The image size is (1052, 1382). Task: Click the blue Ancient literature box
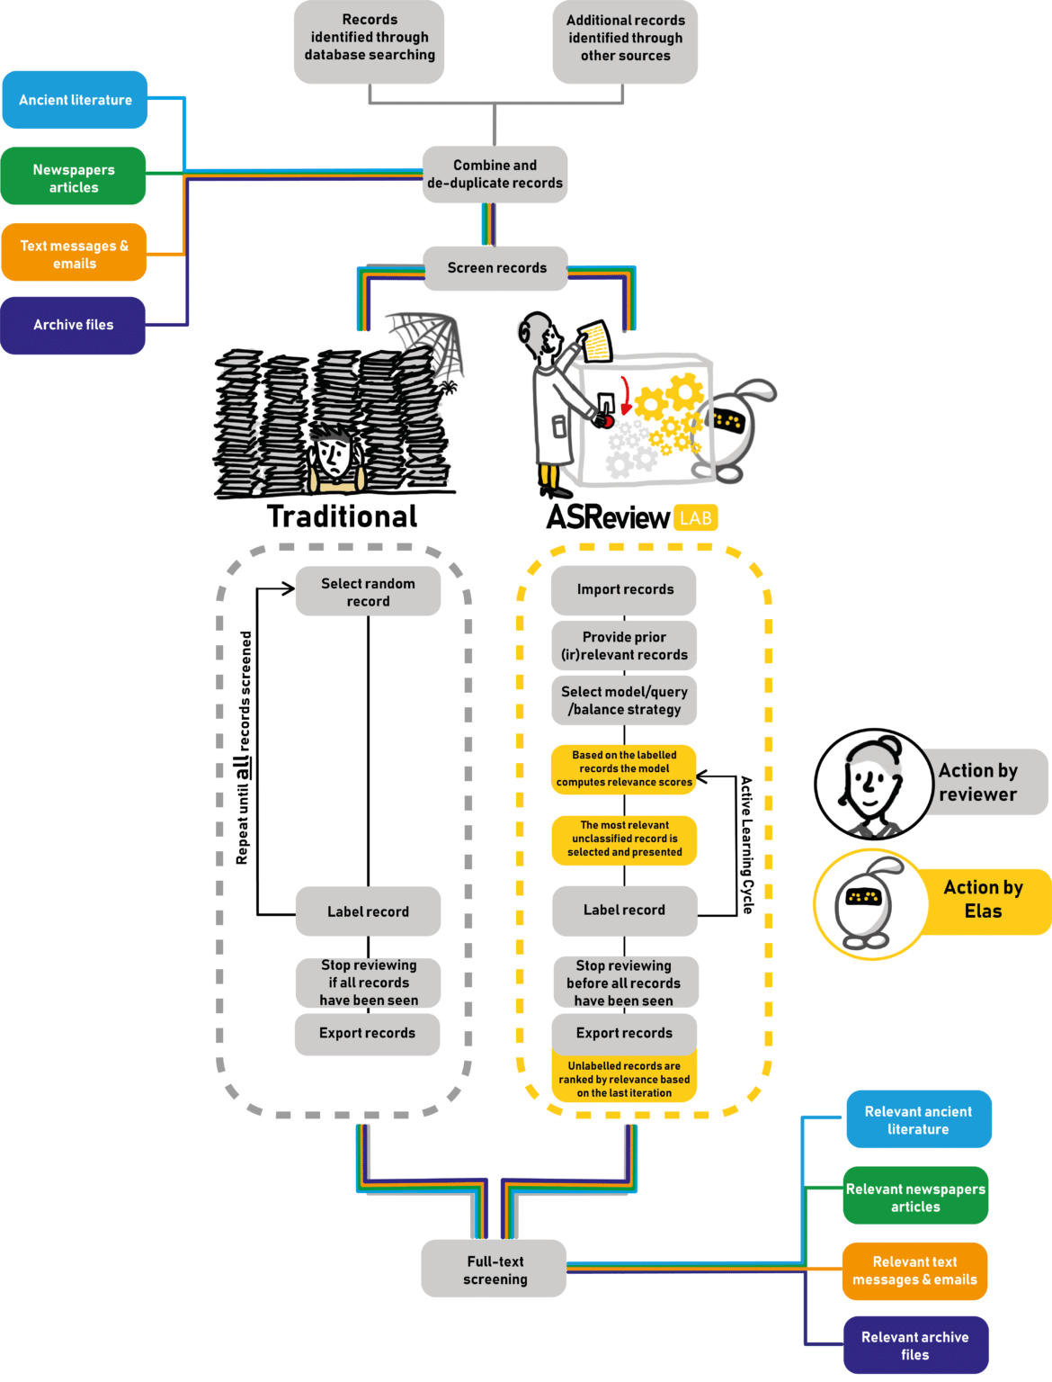point(75,100)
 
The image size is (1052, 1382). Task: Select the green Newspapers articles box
point(74,177)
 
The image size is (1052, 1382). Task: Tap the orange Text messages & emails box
point(74,254)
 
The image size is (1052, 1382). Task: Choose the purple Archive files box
point(74,325)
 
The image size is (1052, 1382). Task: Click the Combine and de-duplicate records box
point(495,174)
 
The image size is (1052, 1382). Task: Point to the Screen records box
point(496,268)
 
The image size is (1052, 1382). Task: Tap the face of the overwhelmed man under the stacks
point(334,455)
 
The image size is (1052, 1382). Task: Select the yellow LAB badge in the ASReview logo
point(695,518)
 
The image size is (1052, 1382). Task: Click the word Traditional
point(343,516)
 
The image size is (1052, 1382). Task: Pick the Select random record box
point(368,591)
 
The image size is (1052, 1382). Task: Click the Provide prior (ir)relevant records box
point(624,645)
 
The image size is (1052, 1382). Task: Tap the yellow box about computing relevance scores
point(624,768)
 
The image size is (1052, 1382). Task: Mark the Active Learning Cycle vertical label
point(746,845)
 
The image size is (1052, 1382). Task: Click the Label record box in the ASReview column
point(624,910)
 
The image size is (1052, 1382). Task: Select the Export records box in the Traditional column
point(367,1034)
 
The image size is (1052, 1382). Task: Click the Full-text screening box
point(495,1270)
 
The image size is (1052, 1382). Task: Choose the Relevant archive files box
point(915,1345)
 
